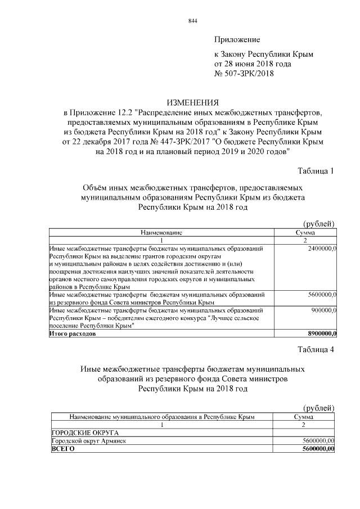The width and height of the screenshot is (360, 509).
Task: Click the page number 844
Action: (x=192, y=21)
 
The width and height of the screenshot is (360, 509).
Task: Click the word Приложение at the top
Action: (x=237, y=39)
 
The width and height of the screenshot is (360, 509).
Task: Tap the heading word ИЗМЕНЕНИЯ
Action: (x=192, y=102)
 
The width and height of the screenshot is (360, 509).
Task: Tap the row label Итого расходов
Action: (x=73, y=334)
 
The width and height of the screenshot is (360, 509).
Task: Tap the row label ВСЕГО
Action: (x=62, y=449)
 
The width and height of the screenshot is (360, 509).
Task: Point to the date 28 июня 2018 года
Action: (x=260, y=64)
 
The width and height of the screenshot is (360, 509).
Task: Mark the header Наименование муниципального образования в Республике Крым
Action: (x=162, y=417)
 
